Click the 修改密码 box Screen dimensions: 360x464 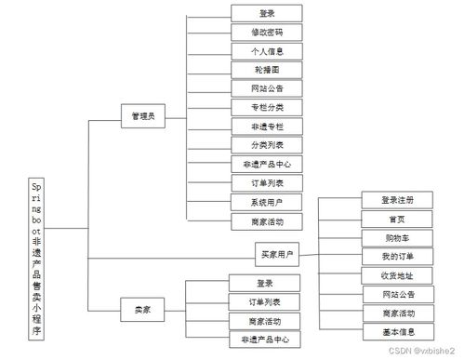[265, 32]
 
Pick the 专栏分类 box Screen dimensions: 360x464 [265, 108]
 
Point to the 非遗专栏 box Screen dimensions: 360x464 [265, 127]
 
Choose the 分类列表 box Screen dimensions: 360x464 [265, 145]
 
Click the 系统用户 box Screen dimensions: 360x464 [265, 202]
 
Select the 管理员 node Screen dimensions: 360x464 [142, 117]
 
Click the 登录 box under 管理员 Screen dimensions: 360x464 [265, 13]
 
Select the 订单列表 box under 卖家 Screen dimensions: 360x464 [265, 302]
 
